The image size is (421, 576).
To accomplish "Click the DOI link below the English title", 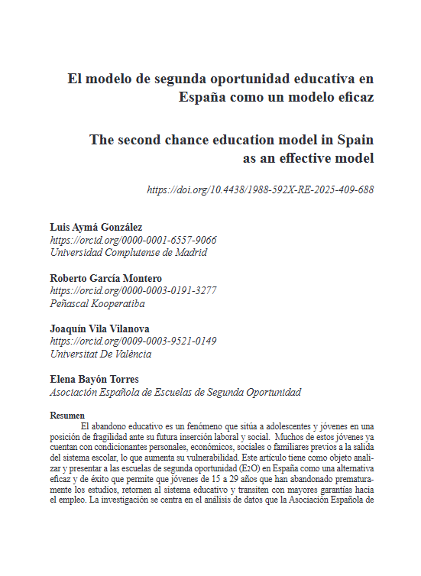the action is tap(260, 189).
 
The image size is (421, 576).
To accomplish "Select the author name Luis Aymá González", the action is tap(96, 228).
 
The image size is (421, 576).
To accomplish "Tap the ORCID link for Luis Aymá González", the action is tap(133, 240).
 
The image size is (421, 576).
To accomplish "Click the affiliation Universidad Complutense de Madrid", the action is tap(128, 252).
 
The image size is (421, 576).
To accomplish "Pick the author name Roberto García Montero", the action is tap(105, 278).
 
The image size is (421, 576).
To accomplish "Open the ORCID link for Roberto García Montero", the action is tap(133, 290).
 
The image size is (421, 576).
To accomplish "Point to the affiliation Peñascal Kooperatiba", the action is tap(97, 303).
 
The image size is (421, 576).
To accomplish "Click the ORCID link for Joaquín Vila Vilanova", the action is tap(133, 341).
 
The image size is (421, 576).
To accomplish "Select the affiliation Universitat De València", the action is tap(101, 354).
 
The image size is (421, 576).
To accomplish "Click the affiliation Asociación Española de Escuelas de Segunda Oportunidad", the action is tap(175, 393).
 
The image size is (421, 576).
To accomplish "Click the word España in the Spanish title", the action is tap(205, 98).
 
